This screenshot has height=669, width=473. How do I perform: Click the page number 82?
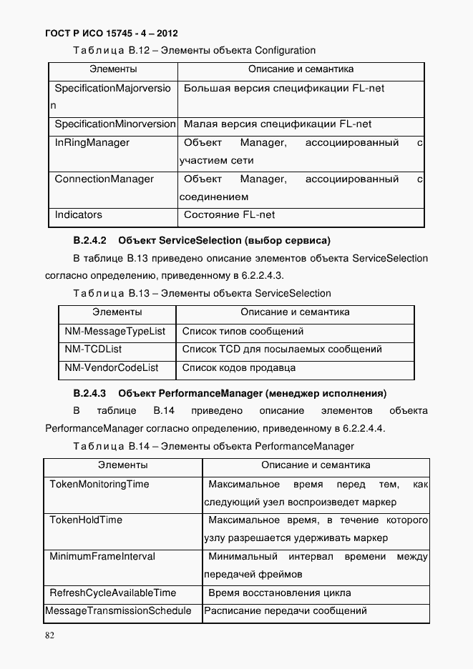49,635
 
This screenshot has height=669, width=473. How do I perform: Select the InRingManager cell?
92,143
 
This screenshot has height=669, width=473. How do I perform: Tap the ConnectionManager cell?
104,179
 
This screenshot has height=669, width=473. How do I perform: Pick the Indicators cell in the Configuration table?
79,215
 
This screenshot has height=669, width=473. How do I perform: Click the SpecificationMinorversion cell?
114,124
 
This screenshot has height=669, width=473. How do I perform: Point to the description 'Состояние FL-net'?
229,215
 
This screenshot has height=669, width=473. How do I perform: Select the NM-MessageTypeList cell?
114,332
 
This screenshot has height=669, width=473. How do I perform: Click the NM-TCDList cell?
93,350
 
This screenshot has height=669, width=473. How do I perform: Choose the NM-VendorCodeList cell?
112,368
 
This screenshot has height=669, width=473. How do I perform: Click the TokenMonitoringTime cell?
99,485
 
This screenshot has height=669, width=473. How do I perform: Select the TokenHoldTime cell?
86,520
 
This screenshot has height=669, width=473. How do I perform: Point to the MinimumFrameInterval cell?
102,557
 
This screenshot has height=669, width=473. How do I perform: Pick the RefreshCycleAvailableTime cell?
112,593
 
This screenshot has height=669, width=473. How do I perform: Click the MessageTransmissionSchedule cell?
118,611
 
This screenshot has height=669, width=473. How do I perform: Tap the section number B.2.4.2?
89,240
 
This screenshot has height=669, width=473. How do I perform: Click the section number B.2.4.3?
89,393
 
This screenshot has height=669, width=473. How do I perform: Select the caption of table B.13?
203,294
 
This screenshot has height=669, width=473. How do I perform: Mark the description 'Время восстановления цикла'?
279,593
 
